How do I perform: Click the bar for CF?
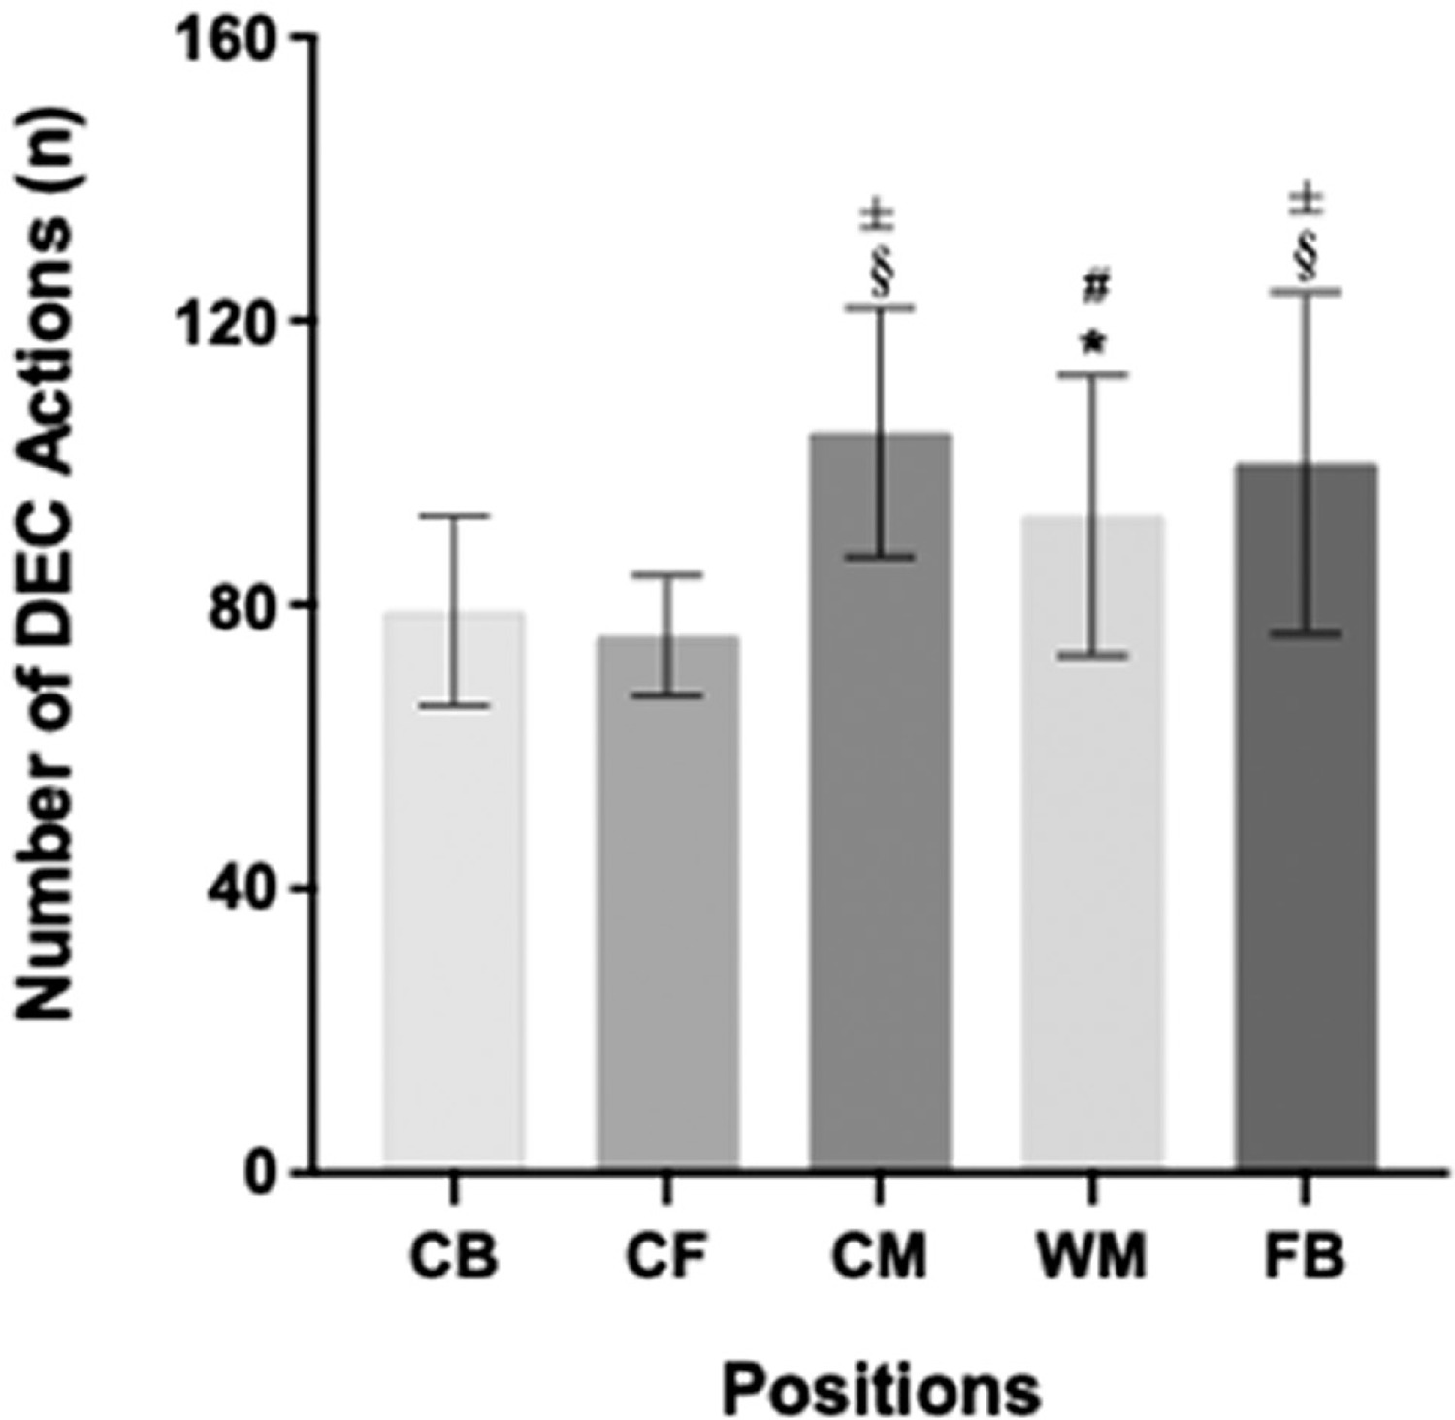click(x=667, y=902)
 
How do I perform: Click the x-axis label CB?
click(x=454, y=1258)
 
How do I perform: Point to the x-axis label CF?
click(x=667, y=1258)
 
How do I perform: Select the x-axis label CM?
click(x=881, y=1258)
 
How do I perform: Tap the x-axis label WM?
click(x=1093, y=1258)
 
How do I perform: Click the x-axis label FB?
click(x=1307, y=1258)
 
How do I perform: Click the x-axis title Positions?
click(x=881, y=1387)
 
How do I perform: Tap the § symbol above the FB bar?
click(x=1308, y=258)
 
